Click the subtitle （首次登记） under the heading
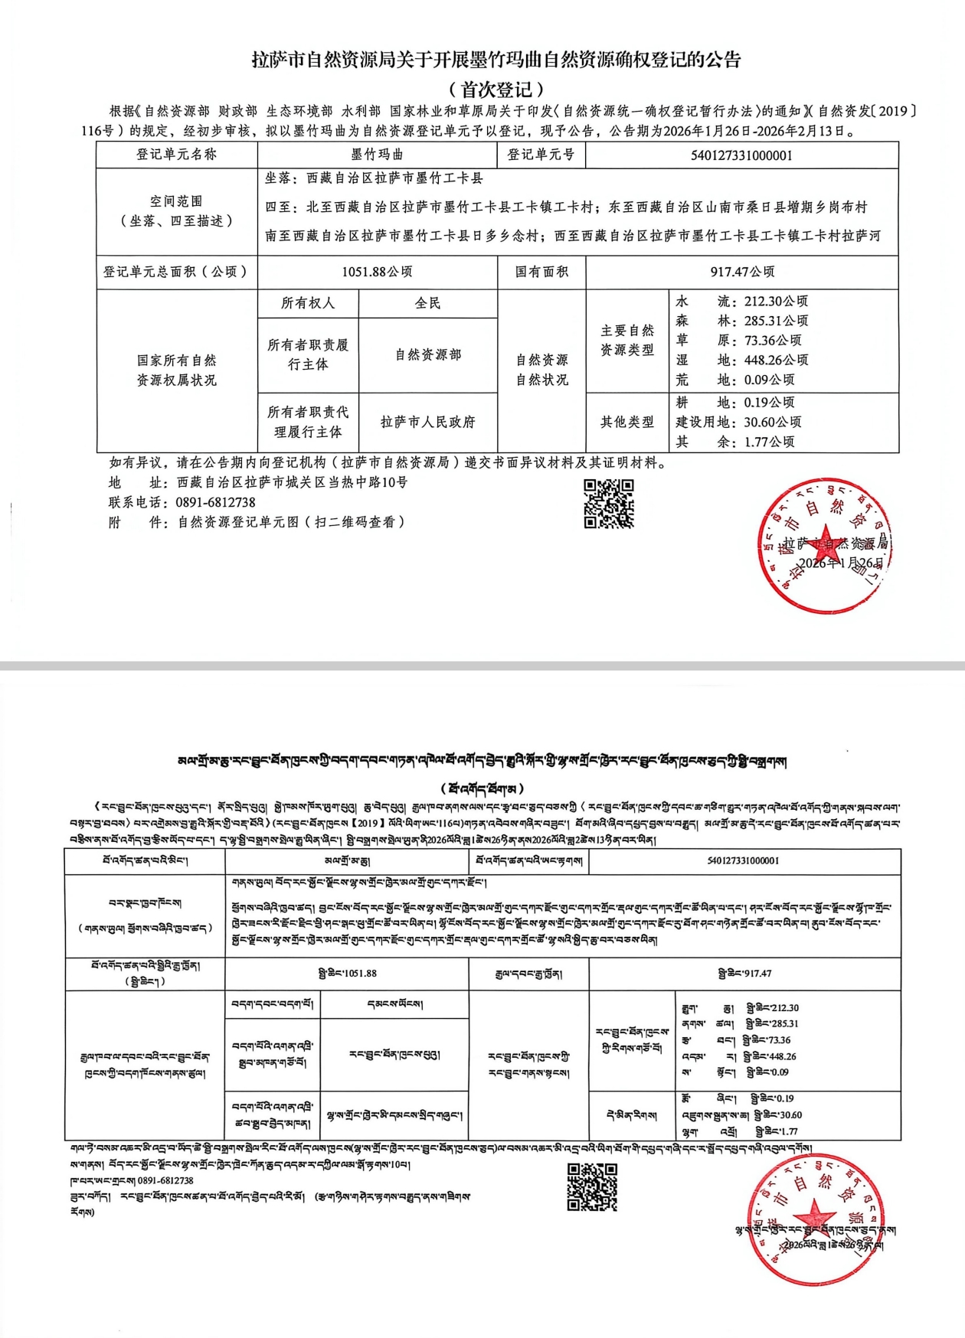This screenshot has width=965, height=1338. coord(496,89)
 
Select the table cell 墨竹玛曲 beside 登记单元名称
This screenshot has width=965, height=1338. coord(377,155)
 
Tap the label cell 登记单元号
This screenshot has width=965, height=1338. coord(541,155)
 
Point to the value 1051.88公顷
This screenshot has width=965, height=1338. coord(377,272)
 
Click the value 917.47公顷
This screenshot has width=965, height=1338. coord(742,272)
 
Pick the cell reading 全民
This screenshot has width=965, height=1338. coord(427,303)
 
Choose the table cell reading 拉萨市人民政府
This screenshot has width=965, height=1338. coord(427,422)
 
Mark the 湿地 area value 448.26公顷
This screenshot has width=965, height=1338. coord(776,360)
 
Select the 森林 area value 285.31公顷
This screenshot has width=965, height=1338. coord(776,321)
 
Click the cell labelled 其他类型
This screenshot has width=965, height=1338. coord(626,422)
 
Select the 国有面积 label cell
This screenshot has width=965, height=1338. coord(541,272)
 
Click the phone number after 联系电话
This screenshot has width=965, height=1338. coord(215,502)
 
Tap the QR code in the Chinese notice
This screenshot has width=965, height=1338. coord(609,504)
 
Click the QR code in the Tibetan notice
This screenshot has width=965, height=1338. coord(592,1187)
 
